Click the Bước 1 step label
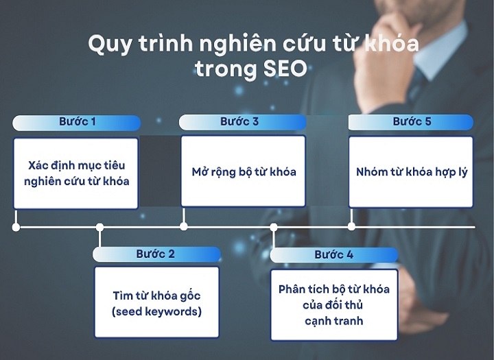[x=75, y=122]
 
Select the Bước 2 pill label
[x=155, y=254]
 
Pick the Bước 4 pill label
[x=334, y=254]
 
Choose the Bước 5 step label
[x=412, y=122]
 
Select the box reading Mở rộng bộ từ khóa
[x=243, y=171]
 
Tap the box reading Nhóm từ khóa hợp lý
[x=411, y=171]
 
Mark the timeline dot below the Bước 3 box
[x=183, y=226]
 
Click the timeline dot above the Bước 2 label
[x=100, y=227]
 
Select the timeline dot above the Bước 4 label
[x=273, y=227]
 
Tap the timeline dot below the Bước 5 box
[x=352, y=226]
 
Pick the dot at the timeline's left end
[x=16, y=227]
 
